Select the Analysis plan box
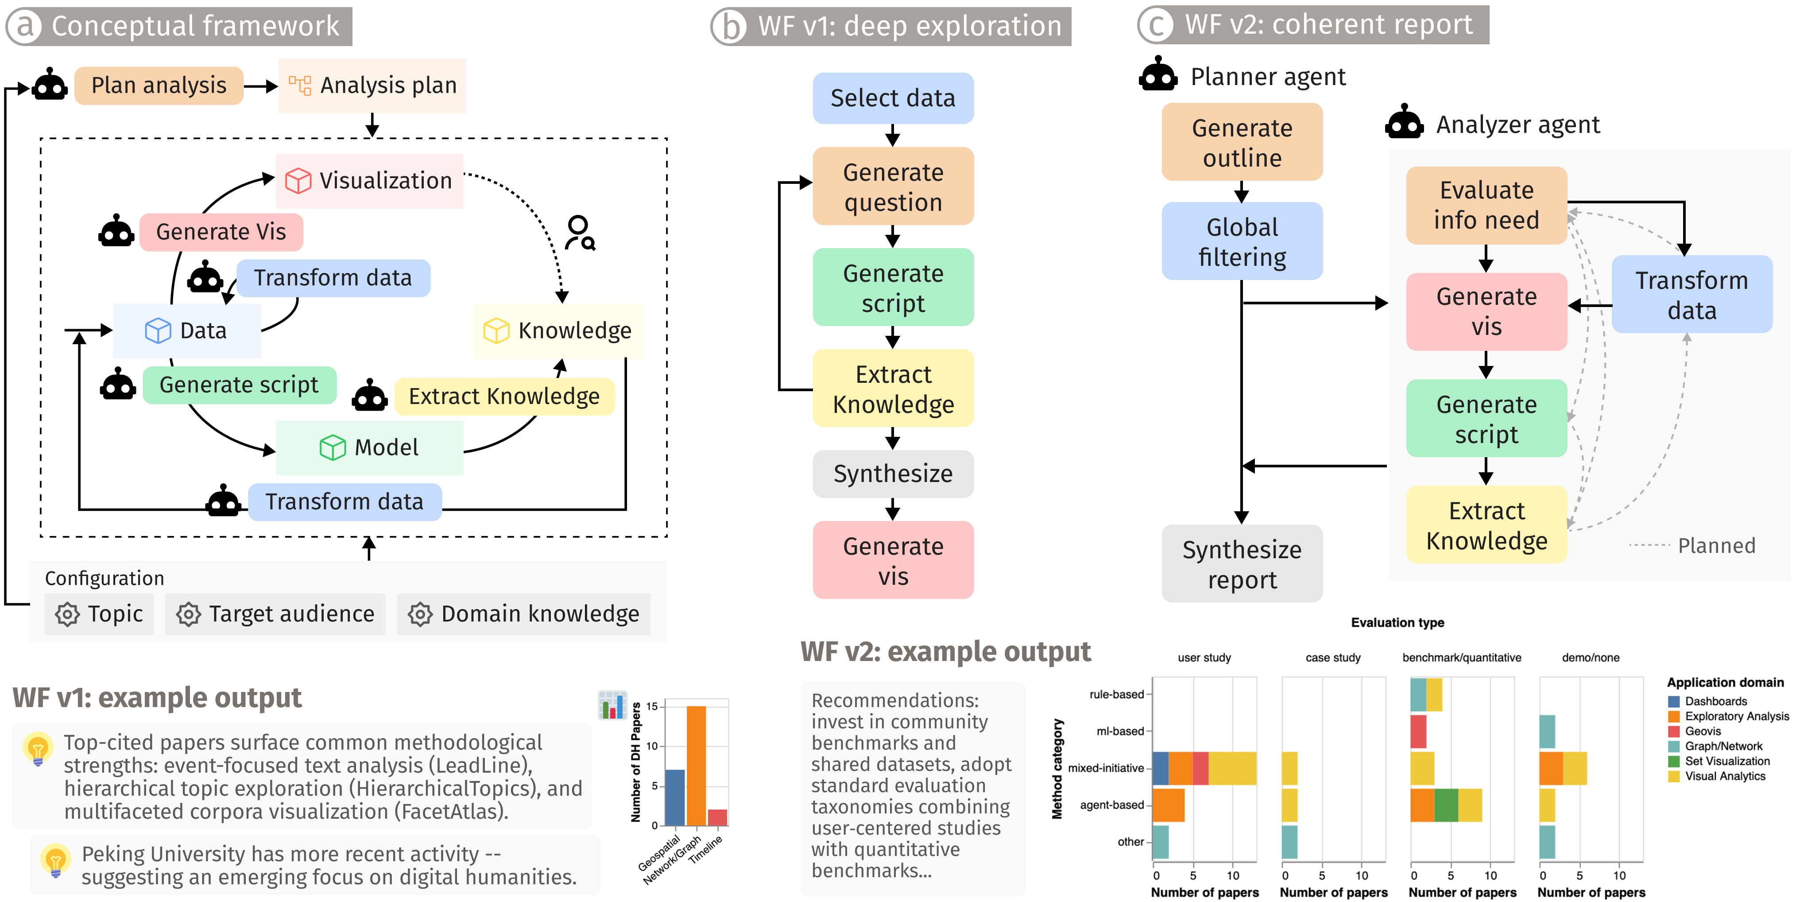(x=372, y=85)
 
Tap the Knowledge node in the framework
(x=558, y=330)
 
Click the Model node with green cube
(x=370, y=447)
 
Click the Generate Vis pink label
(x=221, y=232)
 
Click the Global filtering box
(x=1242, y=241)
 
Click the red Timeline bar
(x=717, y=817)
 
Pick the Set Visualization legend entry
(x=1719, y=761)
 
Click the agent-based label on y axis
(x=1111, y=805)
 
